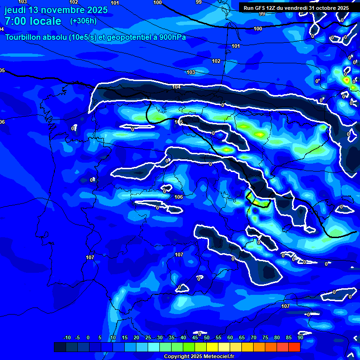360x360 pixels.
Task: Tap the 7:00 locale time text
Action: click(33, 21)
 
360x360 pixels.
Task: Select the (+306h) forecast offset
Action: click(83, 21)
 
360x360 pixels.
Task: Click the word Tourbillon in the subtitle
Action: click(24, 37)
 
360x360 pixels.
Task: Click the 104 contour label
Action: click(176, 87)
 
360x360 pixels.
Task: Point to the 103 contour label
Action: click(191, 73)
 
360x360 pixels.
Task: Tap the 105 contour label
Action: click(179, 122)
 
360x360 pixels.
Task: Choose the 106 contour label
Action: click(178, 197)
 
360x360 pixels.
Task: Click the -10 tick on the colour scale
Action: click(67, 337)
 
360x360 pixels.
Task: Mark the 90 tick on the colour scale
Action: click(300, 337)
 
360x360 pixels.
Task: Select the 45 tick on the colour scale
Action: click(195, 337)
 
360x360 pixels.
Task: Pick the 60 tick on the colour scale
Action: click(230, 337)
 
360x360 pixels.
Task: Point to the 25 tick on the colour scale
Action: click(148, 337)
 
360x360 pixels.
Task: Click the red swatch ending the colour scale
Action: click(294, 347)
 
